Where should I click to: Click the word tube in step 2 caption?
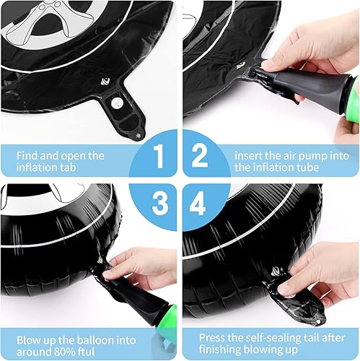pyautogui.click(x=313, y=169)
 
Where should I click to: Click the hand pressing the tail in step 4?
pyautogui.click(x=317, y=267)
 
